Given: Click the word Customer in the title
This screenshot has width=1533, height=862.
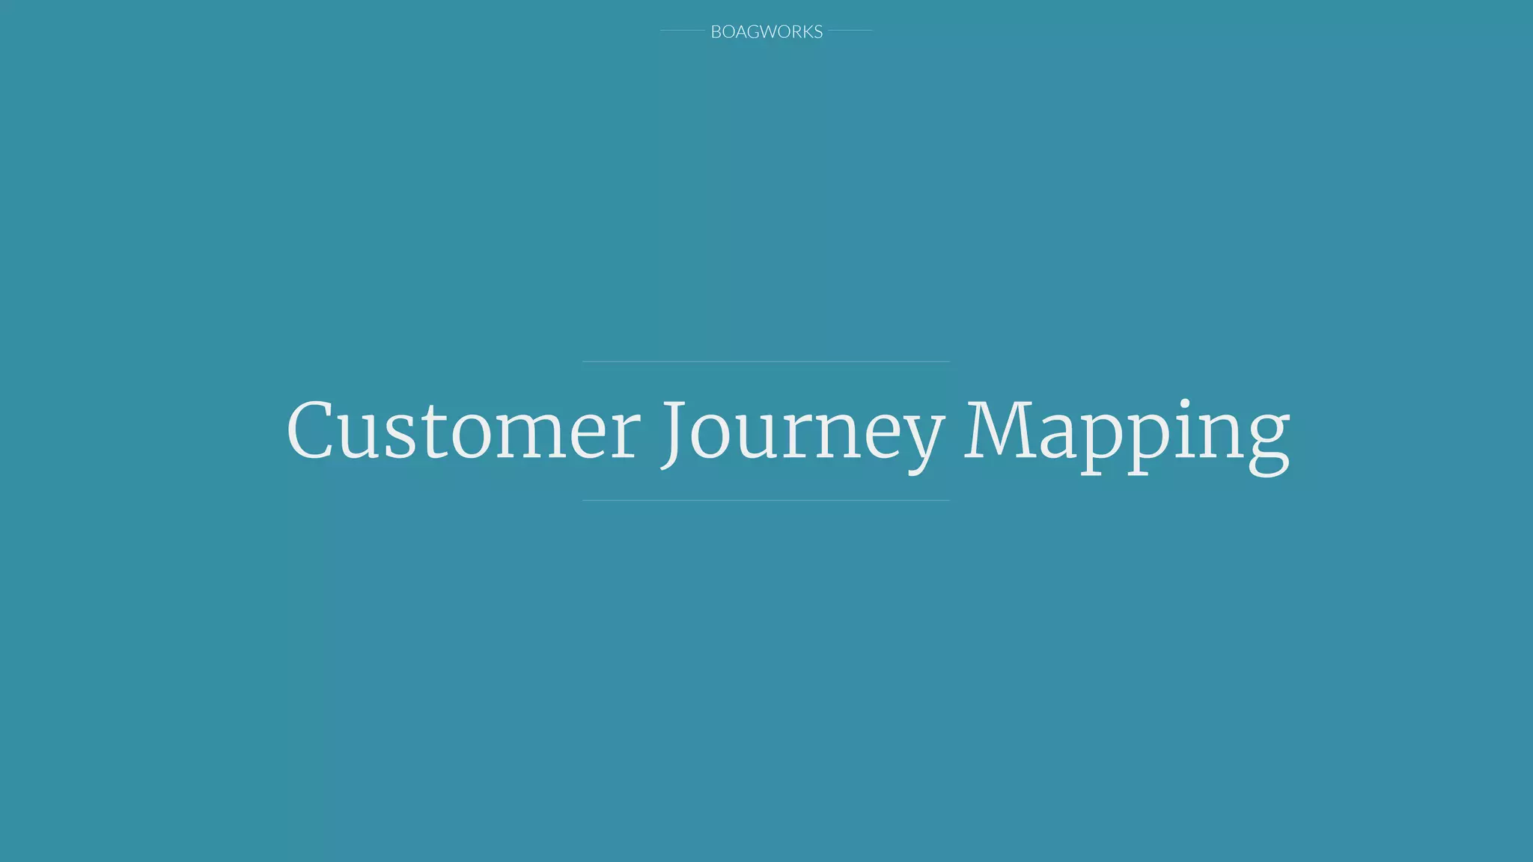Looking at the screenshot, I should click(463, 432).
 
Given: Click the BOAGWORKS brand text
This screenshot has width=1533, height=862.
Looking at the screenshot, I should click(766, 31).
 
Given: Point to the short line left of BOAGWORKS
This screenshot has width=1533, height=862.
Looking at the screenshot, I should click(682, 31).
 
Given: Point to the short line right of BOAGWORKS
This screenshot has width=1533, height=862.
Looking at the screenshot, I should click(850, 31).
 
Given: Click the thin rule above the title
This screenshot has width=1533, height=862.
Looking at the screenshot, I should click(766, 361).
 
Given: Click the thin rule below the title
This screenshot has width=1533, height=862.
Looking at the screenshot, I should click(766, 500).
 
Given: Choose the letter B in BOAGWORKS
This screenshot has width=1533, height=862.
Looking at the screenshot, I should click(716, 31).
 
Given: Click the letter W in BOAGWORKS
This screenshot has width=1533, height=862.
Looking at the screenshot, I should click(769, 31).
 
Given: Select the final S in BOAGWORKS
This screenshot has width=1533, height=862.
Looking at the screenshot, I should click(818, 31).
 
